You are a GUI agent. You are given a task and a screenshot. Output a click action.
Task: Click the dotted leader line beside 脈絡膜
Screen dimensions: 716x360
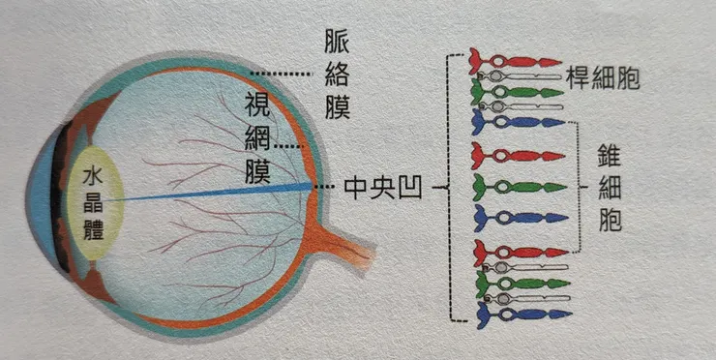[x=283, y=74]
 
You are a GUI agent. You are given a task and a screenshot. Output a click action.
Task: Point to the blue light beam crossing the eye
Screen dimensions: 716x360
[x=213, y=192]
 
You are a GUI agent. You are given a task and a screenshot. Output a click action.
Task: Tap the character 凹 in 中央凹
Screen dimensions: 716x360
[x=407, y=184]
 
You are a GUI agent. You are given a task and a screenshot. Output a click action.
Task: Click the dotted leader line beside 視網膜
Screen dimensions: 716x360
[x=291, y=145]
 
